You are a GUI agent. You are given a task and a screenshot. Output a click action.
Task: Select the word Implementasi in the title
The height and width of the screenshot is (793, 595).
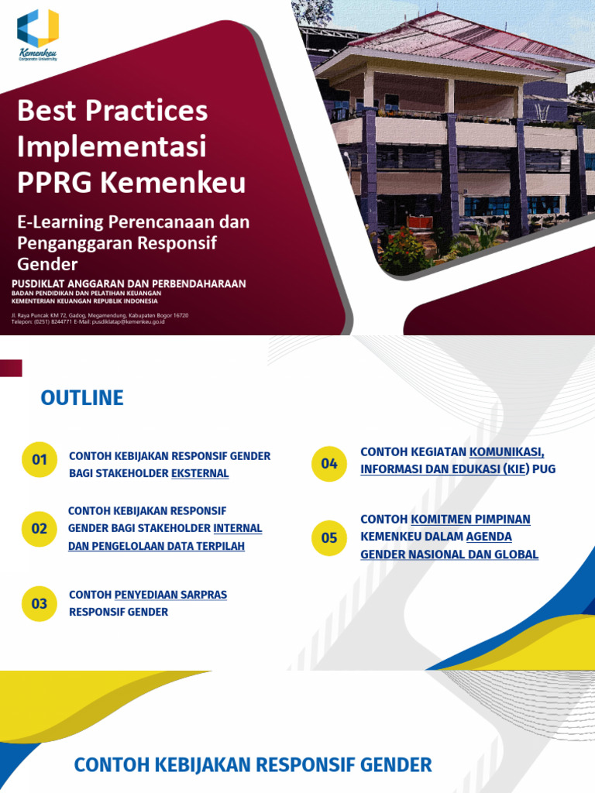click(x=112, y=146)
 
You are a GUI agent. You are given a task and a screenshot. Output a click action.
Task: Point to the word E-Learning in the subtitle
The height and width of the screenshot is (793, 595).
click(x=61, y=222)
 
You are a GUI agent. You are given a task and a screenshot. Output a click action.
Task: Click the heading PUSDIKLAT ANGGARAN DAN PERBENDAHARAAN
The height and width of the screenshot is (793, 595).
click(x=129, y=284)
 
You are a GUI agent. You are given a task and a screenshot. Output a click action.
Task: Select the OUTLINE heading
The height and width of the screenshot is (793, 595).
click(x=82, y=398)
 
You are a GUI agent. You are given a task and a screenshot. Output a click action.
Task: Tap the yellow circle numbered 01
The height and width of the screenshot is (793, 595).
click(x=40, y=460)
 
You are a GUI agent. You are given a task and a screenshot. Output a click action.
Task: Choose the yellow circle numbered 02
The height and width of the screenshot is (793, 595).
click(x=40, y=529)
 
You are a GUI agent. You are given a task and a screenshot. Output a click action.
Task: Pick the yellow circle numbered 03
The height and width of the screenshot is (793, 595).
click(x=40, y=603)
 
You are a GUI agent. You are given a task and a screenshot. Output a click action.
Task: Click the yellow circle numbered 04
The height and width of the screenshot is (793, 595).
click(x=329, y=464)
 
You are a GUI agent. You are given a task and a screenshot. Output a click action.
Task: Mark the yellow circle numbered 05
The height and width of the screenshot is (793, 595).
click(x=329, y=537)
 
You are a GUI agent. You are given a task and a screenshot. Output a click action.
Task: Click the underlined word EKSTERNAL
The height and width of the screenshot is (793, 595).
click(x=200, y=473)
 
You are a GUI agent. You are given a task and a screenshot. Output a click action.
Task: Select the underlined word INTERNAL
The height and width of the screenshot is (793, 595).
click(x=238, y=528)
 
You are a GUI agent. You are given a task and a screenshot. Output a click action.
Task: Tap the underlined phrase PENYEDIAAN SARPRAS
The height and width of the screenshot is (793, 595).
click(x=170, y=595)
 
